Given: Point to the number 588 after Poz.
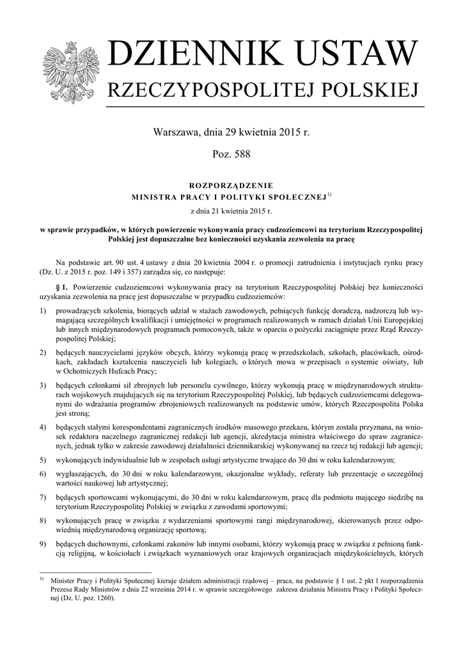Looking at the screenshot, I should tap(240, 154).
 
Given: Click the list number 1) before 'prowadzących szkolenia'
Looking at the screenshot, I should tap(43, 310).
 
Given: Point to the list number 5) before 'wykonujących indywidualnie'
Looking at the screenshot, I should tap(43, 460).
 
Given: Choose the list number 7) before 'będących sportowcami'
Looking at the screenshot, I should tap(43, 497).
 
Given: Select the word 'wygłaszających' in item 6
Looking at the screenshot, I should tap(82, 473).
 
